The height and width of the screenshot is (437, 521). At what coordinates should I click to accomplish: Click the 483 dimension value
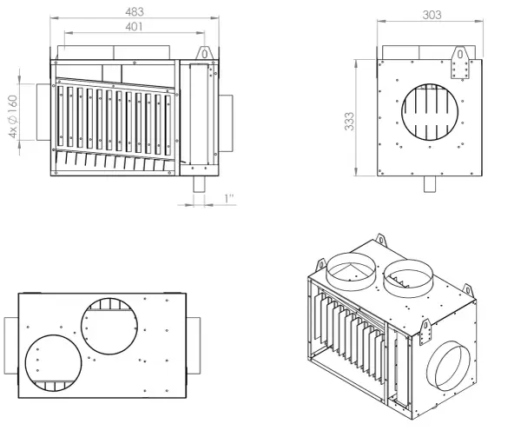click(x=135, y=11)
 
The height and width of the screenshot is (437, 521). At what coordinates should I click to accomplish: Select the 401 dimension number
click(x=134, y=27)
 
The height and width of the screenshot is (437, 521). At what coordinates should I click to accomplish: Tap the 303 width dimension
click(x=432, y=15)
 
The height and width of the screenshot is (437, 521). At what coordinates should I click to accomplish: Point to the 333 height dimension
click(x=350, y=122)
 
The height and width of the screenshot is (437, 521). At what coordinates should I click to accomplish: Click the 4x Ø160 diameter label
click(x=13, y=116)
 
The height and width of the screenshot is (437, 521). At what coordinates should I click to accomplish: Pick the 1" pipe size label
click(x=229, y=199)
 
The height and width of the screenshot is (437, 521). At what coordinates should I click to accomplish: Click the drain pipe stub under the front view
click(x=200, y=184)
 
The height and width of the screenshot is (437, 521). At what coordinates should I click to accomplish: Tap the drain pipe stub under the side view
click(x=430, y=184)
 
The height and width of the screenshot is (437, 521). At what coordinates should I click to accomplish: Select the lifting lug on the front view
click(x=204, y=53)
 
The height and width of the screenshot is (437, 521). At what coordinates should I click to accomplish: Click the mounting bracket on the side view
click(x=460, y=63)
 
